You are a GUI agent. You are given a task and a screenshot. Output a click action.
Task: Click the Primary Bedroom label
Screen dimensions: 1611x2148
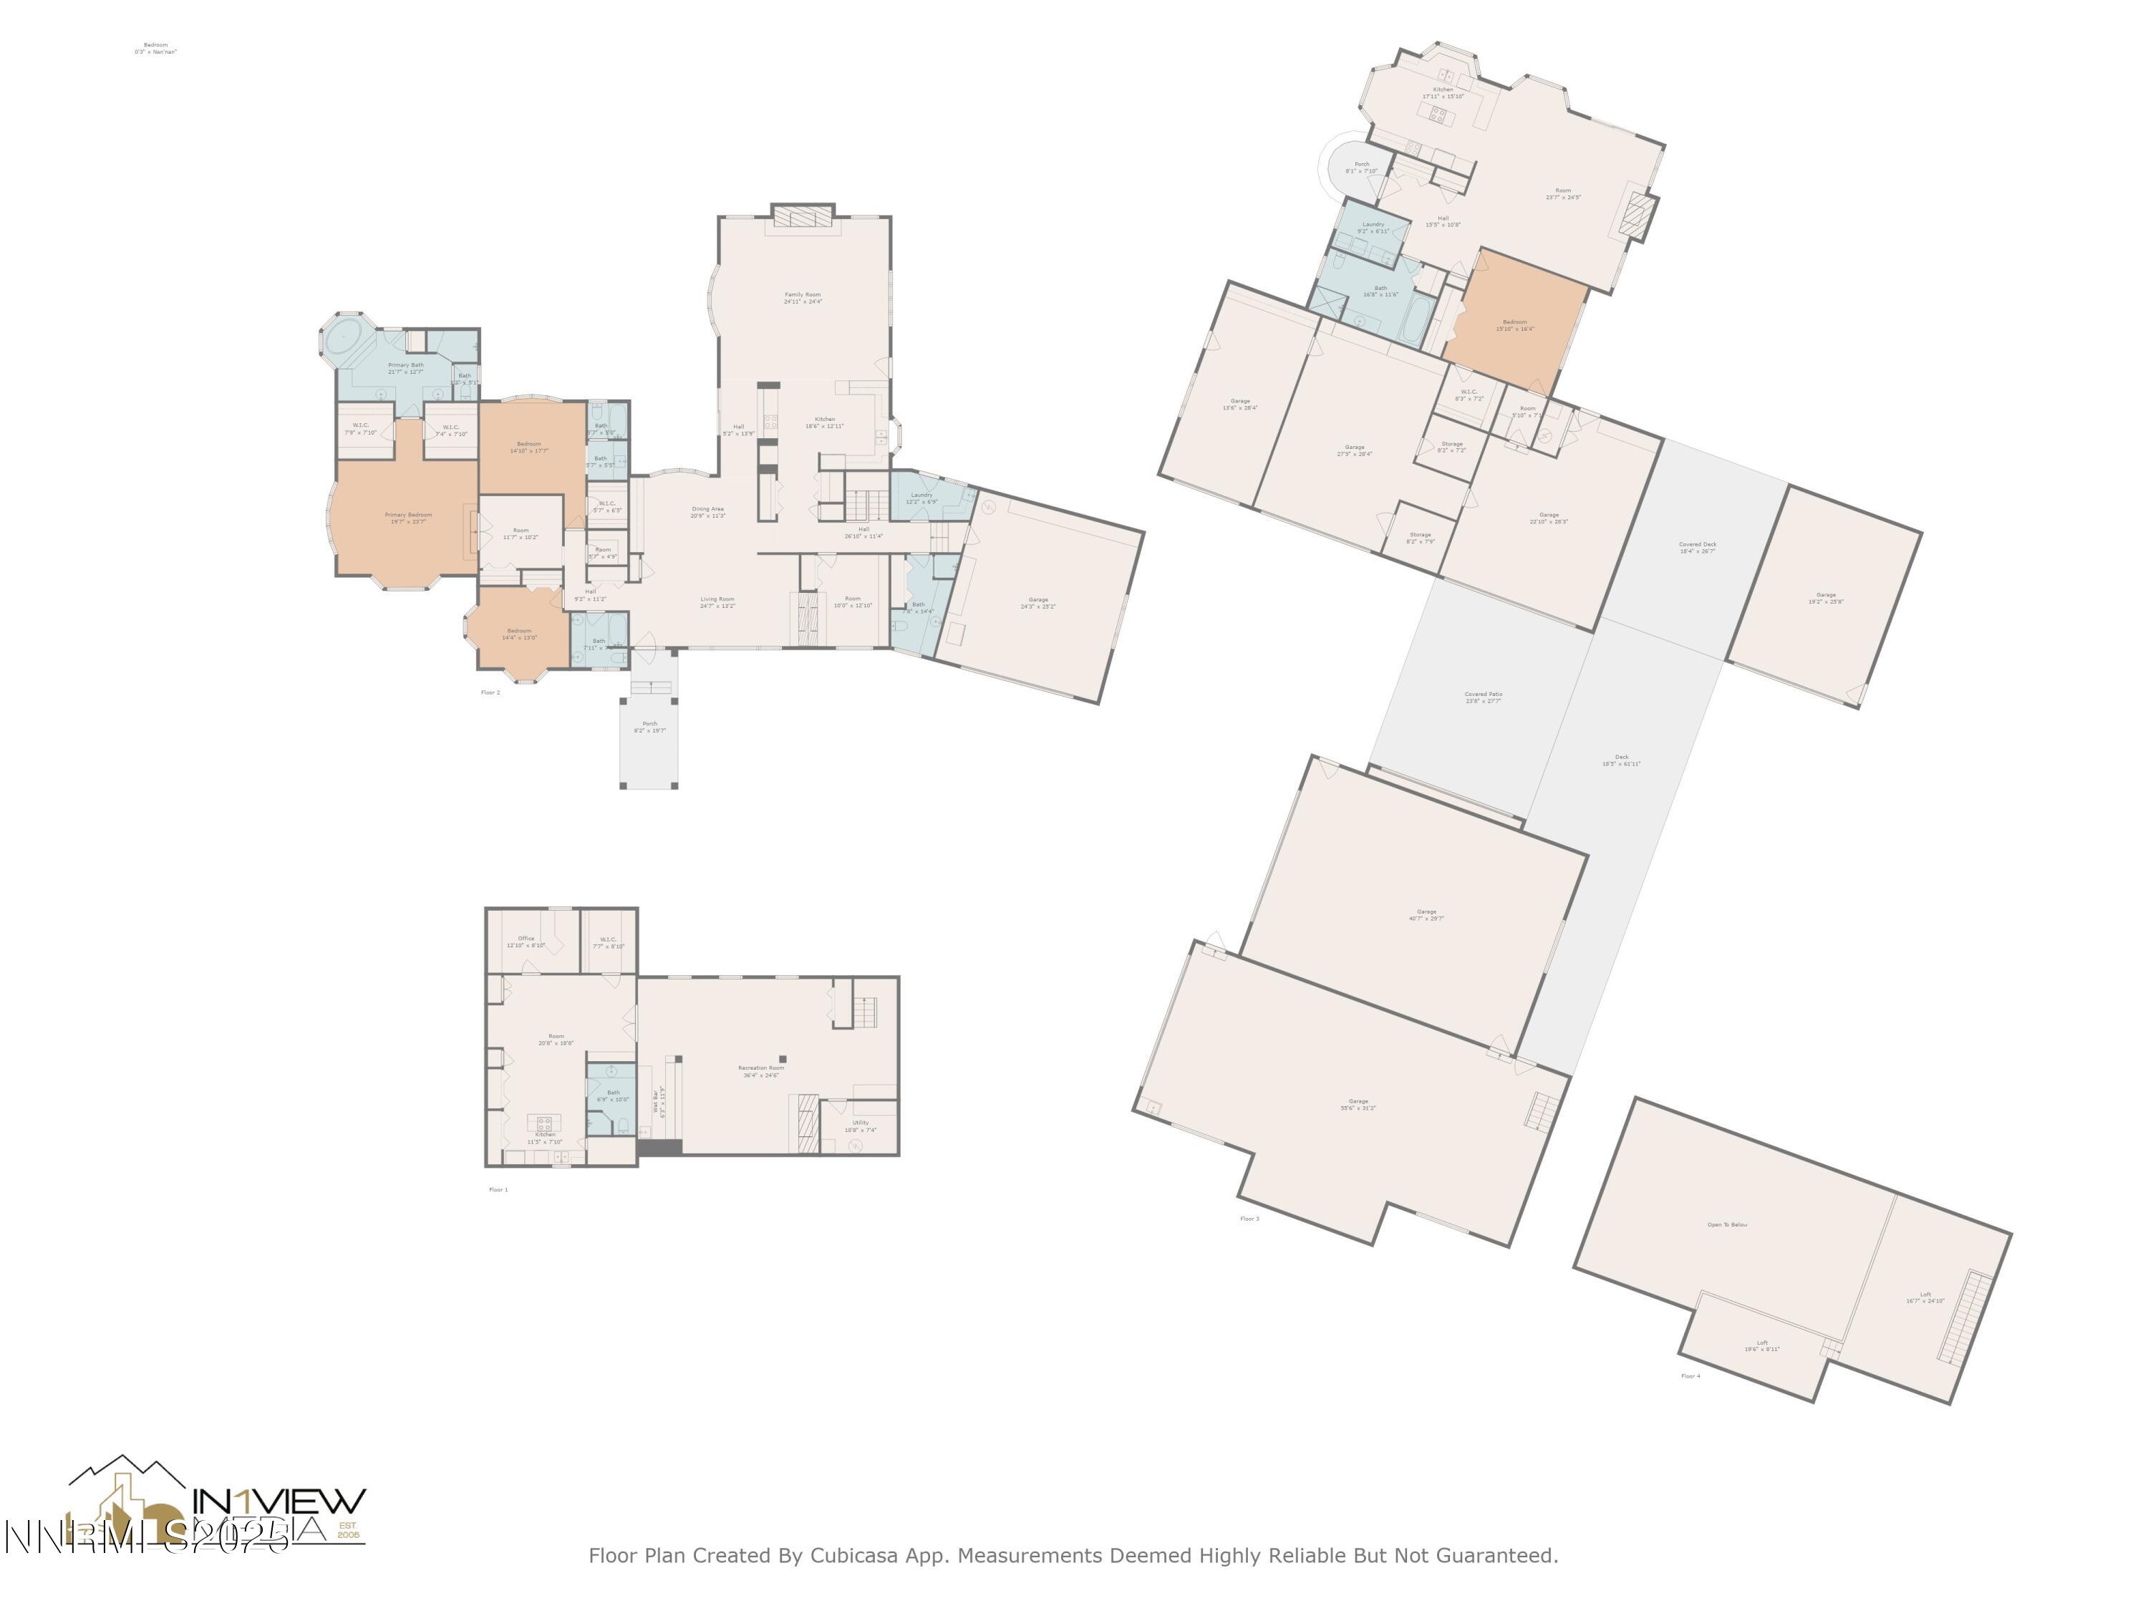(x=408, y=518)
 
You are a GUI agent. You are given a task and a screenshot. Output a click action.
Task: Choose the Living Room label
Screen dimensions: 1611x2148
(x=717, y=602)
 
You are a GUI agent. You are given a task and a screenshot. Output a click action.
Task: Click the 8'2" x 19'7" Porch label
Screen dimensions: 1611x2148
(x=649, y=726)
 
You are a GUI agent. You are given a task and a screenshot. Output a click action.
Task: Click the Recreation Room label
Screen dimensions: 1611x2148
(x=761, y=1071)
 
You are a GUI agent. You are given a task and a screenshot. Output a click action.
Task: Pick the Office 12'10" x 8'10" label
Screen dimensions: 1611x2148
(x=526, y=941)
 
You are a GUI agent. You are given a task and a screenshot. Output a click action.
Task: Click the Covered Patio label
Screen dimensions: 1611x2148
(x=1483, y=696)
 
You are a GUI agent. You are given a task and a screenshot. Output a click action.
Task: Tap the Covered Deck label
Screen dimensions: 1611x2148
(x=1698, y=547)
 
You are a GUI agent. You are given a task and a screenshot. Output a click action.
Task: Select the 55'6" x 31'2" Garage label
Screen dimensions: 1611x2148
(x=1358, y=1104)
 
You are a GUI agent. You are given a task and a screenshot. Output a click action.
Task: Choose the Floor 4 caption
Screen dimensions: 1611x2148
(x=1690, y=1376)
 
